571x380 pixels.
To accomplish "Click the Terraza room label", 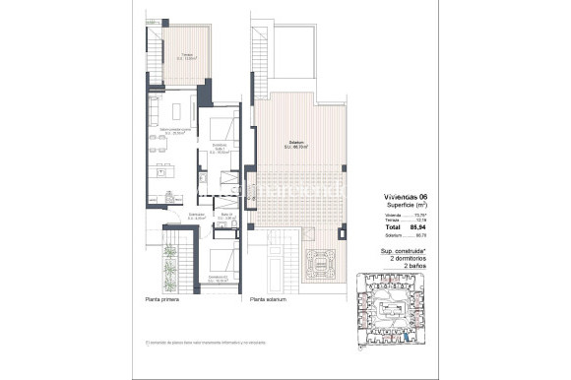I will (179, 57).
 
